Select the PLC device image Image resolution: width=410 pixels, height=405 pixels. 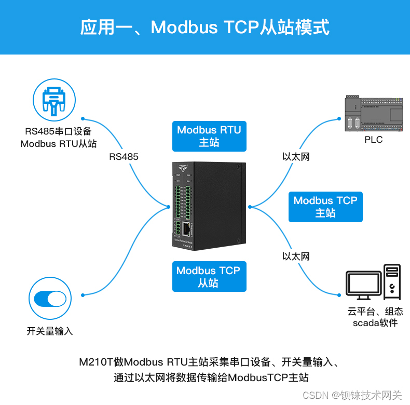[373, 114]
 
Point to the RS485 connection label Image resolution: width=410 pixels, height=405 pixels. [124, 156]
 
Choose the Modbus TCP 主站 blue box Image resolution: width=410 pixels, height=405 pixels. [325, 207]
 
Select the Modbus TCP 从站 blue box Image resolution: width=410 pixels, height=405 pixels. [209, 277]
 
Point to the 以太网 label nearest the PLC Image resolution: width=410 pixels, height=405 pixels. [296, 156]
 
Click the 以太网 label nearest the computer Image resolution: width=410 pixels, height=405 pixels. [296, 256]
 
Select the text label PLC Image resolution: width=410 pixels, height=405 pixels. [373, 139]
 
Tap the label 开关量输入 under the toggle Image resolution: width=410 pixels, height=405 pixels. [50, 331]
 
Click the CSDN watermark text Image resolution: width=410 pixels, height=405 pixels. [313, 395]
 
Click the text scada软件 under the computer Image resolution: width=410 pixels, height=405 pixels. [375, 323]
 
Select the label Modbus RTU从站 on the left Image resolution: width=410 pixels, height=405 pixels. [58, 144]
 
